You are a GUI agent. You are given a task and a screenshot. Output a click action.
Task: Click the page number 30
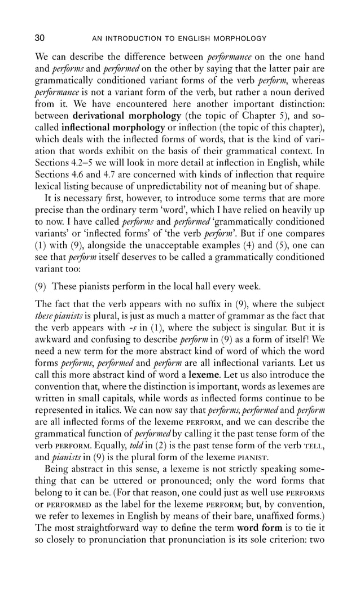(40, 38)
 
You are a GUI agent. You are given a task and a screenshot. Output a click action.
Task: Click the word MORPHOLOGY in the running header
(242, 39)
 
